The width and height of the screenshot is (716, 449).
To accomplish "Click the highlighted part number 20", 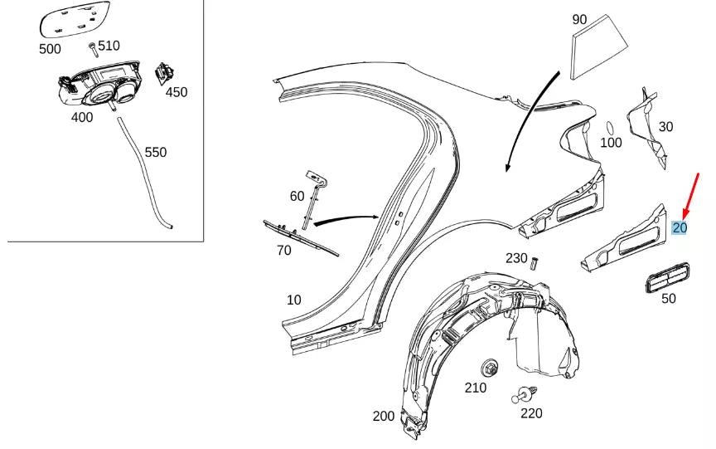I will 680,228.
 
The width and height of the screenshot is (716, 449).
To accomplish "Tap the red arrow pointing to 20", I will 691,196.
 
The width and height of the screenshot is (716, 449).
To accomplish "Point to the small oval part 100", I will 608,128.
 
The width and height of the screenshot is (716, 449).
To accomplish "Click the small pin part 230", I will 535,263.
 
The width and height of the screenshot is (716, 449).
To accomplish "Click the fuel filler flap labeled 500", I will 75,19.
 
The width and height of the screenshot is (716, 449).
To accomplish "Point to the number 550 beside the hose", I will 156,153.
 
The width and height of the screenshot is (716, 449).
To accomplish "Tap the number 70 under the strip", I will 284,250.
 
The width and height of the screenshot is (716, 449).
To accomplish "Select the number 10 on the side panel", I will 294,300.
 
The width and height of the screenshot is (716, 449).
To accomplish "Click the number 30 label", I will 665,127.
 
